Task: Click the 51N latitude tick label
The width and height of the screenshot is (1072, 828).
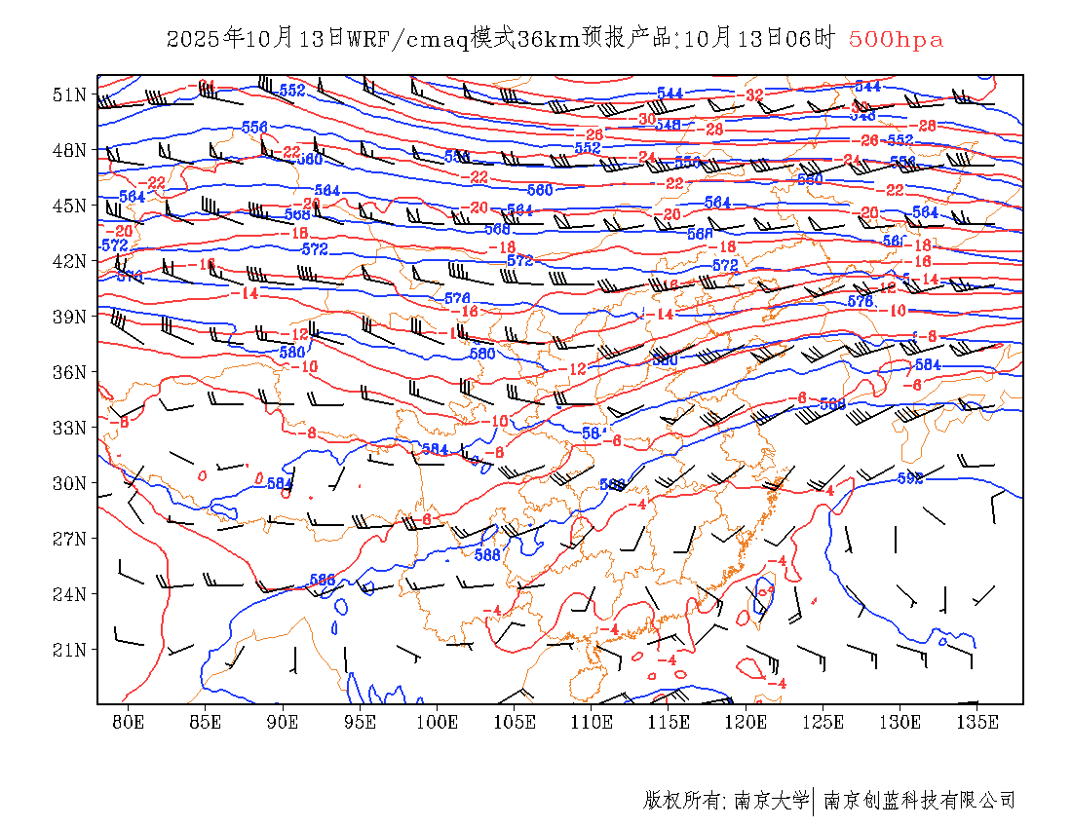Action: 69,94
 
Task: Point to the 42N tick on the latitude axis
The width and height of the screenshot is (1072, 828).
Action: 69,261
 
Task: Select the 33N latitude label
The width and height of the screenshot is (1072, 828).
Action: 69,428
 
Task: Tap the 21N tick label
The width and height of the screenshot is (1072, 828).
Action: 69,650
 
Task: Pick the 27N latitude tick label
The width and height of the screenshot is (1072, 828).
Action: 69,539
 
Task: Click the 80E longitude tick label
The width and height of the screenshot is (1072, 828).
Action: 129,722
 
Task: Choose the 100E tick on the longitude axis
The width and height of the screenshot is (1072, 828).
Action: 438,722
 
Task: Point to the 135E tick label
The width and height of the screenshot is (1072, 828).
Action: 977,722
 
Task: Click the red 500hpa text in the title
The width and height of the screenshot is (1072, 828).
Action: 896,39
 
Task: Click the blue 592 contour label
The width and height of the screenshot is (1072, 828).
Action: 909,478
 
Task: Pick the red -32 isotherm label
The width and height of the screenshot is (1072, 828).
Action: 753,95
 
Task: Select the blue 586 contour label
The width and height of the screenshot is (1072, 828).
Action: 323,580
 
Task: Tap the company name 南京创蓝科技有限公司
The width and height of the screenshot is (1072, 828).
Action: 919,801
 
